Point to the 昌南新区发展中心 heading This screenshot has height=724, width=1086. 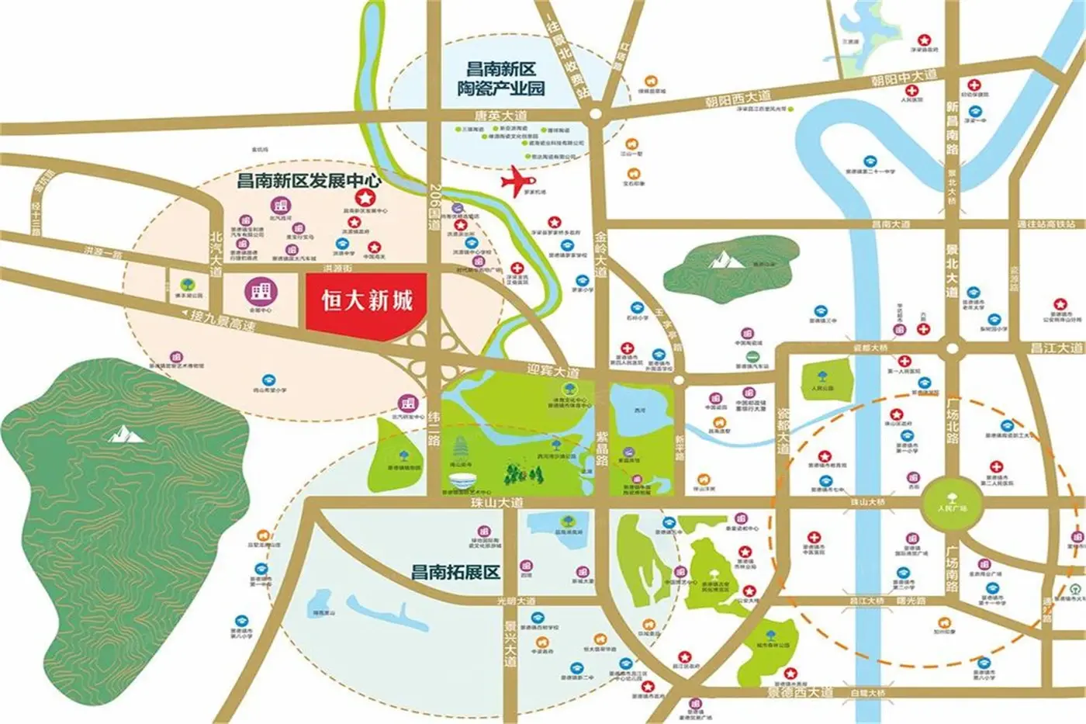click(309, 181)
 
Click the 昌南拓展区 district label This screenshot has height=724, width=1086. click(455, 573)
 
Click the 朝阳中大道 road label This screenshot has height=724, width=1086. click(903, 78)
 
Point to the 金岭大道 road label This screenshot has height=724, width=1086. click(600, 253)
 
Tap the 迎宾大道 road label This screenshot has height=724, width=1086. click(553, 371)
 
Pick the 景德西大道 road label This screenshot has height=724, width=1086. click(788, 691)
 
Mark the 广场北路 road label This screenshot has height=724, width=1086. click(952, 419)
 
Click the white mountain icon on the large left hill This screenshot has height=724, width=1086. click(126, 435)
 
